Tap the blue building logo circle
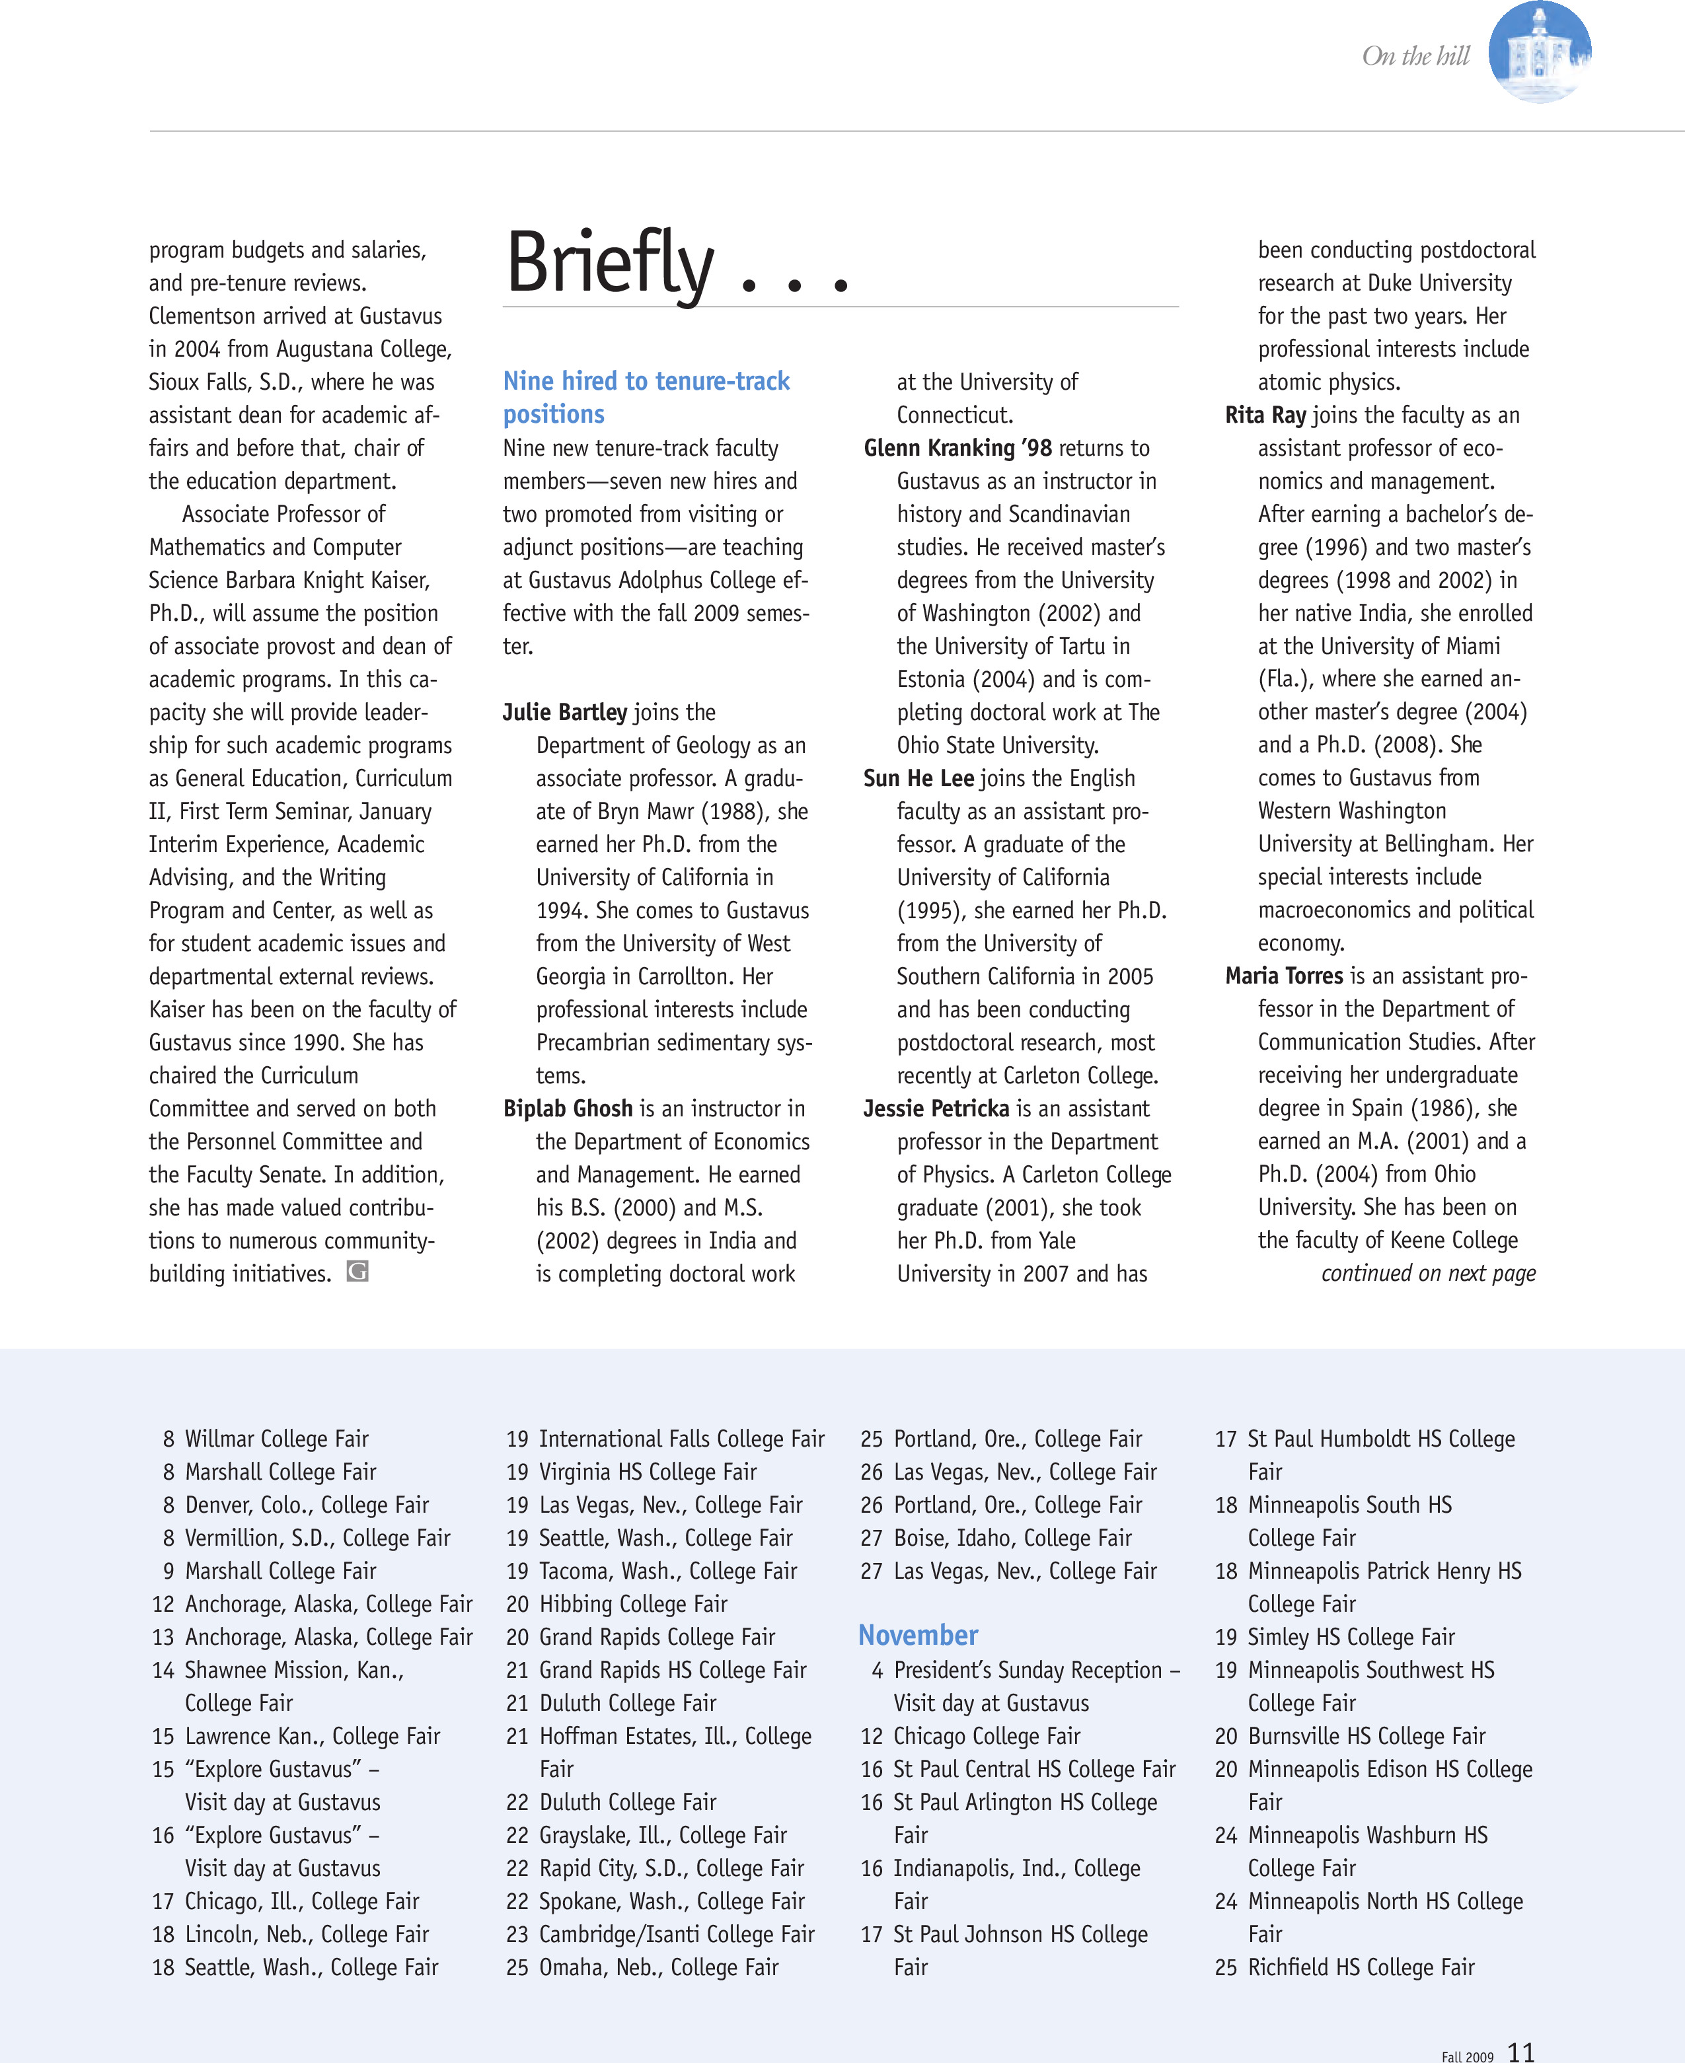pos(1540,52)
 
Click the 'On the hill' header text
pos(1416,56)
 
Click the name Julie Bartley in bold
pos(565,712)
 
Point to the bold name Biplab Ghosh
pos(568,1108)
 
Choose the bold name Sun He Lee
pos(918,778)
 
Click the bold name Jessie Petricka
pos(936,1108)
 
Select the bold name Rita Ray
pos(1265,416)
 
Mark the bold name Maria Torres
pos(1283,976)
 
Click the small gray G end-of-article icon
pos(357,1271)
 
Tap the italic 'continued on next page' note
pos(1428,1273)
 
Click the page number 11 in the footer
pos(1521,2051)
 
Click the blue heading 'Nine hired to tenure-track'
pos(646,381)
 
